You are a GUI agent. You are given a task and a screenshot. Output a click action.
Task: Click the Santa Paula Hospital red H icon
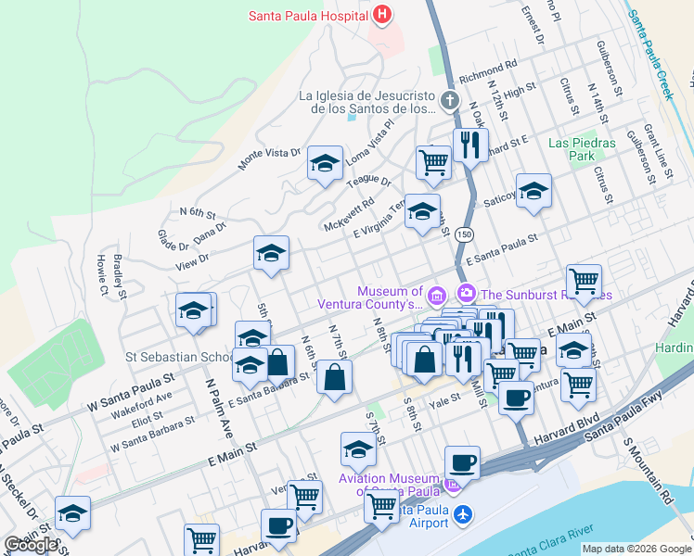381,16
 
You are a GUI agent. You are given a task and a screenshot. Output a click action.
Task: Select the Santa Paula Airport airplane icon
464,513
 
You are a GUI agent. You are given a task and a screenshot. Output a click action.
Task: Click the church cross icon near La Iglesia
450,100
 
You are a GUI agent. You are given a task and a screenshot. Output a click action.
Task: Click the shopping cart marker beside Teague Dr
433,162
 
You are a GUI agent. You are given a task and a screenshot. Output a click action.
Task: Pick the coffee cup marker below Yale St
516,398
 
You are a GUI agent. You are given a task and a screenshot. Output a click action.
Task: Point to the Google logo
31,545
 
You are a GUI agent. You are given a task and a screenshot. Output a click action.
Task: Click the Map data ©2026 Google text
636,549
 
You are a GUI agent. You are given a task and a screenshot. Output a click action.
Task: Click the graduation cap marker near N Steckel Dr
72,512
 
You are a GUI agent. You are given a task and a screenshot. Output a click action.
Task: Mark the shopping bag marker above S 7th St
335,377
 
